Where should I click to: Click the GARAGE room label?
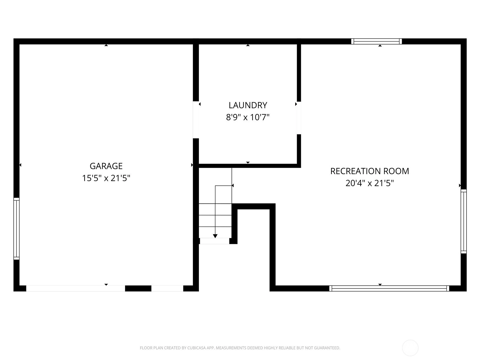click(106, 166)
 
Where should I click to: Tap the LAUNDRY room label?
click(248, 105)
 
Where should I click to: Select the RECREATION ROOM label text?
click(370, 171)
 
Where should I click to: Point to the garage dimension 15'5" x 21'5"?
click(106, 178)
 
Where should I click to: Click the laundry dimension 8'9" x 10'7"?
click(248, 117)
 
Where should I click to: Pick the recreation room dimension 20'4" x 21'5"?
click(370, 183)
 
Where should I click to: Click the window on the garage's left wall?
click(16, 229)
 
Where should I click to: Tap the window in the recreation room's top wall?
click(376, 41)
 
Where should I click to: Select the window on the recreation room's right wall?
click(463, 221)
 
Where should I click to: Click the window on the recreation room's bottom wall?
click(389, 288)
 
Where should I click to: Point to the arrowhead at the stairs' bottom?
click(215, 236)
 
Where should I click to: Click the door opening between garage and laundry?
click(196, 120)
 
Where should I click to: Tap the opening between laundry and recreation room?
click(299, 118)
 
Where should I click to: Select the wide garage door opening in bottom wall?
click(76, 288)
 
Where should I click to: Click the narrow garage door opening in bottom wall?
click(167, 288)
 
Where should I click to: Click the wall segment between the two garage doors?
click(138, 288)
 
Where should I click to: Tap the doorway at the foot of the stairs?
click(214, 241)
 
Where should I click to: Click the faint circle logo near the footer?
click(410, 348)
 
